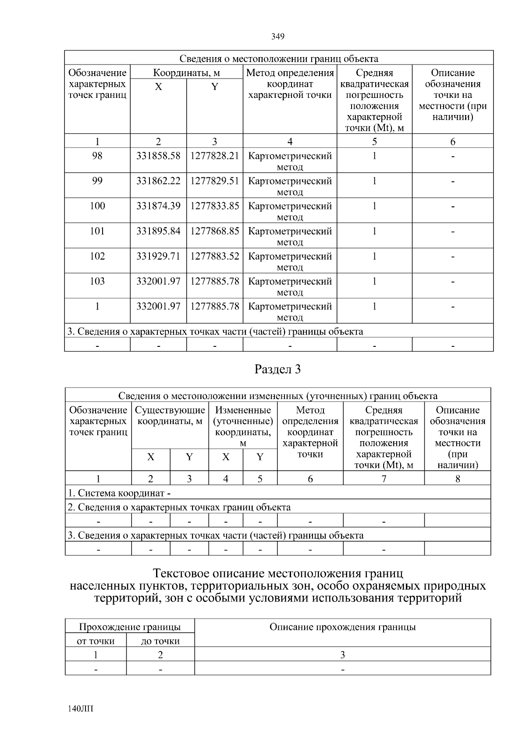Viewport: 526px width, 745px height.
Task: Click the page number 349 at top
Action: pos(277,36)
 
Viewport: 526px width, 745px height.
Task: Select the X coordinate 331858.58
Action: pos(158,156)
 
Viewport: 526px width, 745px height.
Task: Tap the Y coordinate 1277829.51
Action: pos(214,181)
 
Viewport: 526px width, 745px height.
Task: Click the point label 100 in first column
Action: pos(97,206)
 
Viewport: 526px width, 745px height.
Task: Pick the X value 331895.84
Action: pos(158,231)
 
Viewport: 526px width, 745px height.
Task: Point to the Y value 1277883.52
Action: pos(214,256)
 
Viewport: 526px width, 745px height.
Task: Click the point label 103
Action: pos(97,281)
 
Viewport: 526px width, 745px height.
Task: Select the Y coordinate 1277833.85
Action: pos(214,206)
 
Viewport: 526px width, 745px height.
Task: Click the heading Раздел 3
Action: pos(277,370)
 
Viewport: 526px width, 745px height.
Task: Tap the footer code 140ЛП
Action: pos(81,709)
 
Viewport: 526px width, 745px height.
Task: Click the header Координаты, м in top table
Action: pos(186,73)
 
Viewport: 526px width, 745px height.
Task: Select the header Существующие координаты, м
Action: pos(170,416)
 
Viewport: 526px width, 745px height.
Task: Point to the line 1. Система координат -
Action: pos(119,493)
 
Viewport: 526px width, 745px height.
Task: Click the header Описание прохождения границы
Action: pos(342,627)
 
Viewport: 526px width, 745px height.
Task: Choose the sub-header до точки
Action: pos(160,641)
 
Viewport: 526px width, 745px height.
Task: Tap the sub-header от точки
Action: pos(96,641)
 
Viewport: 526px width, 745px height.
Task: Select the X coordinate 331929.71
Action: pos(158,256)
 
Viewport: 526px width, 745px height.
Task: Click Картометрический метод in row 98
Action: pos(290,161)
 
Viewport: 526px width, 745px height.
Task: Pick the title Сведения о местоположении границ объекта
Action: pos(279,59)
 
